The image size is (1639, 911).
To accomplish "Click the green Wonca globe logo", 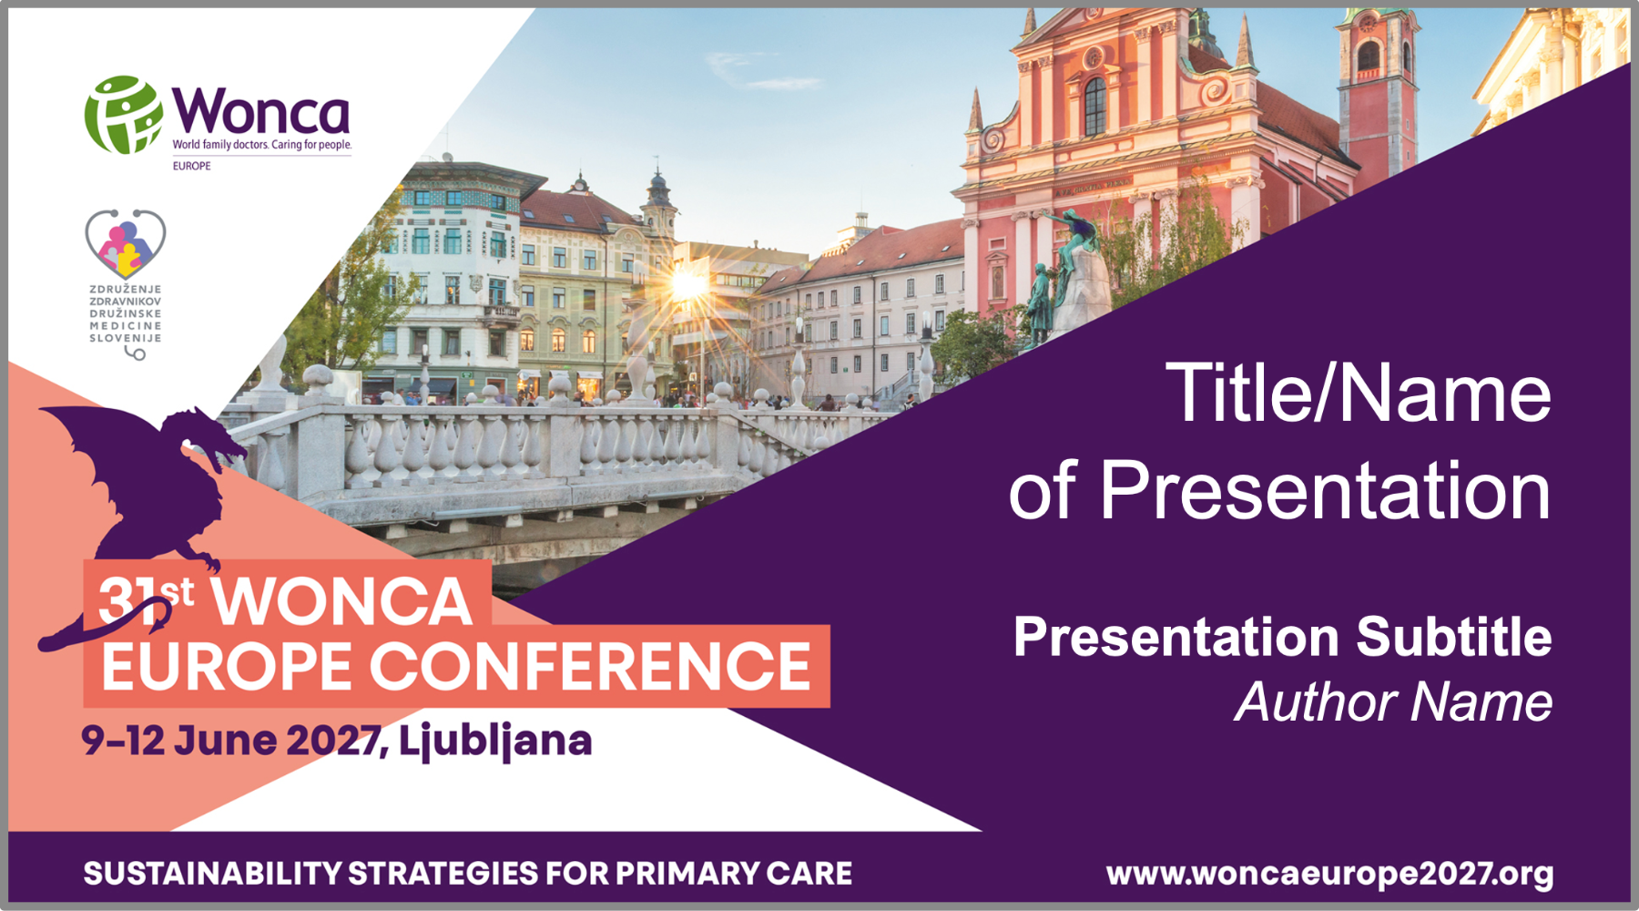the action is point(124,115).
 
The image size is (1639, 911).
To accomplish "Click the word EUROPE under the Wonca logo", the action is point(192,166).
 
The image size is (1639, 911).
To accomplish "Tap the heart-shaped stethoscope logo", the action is point(126,243).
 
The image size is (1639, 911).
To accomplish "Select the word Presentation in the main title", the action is point(1325,490).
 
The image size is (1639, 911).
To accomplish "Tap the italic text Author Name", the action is point(1394,702).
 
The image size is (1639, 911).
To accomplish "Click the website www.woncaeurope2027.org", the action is point(1329,874).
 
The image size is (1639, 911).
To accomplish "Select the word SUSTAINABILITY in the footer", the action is point(210,874).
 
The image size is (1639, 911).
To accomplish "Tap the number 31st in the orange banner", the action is point(146,599).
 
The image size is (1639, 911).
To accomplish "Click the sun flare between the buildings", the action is point(688,285).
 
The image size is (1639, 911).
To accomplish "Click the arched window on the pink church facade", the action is point(1094,105).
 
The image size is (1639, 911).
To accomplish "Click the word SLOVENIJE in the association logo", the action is point(126,338).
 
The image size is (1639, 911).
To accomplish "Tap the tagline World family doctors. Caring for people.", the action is point(262,145).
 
